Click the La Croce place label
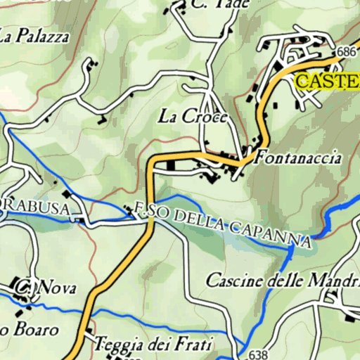point(193,117)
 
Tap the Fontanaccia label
point(298,157)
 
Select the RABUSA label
point(37,208)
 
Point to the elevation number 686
point(347,52)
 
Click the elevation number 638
point(259,354)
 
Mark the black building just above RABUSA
point(67,193)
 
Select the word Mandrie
point(331,281)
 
